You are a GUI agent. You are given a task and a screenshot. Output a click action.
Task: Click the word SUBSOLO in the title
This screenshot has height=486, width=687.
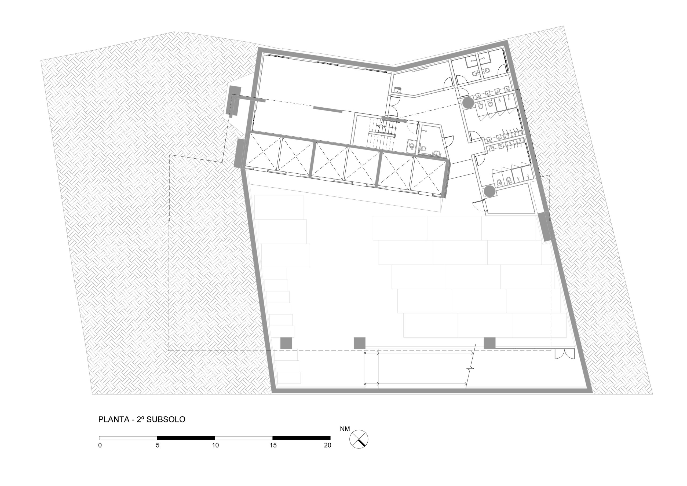pos(166,419)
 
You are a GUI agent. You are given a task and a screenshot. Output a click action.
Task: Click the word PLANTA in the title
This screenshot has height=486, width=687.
pos(114,419)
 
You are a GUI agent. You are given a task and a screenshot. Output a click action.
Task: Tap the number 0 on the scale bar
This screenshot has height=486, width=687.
pos(100,445)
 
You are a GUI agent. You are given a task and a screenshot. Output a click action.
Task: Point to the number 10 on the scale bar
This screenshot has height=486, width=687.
pos(215,445)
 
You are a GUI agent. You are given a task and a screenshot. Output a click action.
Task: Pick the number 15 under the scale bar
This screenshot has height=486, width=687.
pos(273,445)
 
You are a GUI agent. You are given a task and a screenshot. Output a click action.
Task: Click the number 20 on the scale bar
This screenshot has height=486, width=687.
pos(328,445)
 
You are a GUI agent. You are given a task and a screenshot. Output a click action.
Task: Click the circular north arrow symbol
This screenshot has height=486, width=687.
pos(359,439)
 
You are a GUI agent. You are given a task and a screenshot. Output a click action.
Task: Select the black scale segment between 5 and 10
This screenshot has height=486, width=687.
pos(186,438)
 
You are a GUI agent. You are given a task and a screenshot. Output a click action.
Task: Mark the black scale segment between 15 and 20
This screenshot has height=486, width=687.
pos(301,438)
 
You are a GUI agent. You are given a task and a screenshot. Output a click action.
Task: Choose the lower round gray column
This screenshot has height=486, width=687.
pos(489,191)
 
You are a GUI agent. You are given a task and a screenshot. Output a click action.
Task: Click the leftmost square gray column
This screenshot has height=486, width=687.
pos(286,343)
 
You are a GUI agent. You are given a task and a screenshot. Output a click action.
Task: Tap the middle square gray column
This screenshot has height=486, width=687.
pos(360,343)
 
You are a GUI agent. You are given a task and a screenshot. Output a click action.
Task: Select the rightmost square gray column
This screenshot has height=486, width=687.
pos(489,343)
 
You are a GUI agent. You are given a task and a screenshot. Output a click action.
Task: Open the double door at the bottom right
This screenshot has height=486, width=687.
pos(565,353)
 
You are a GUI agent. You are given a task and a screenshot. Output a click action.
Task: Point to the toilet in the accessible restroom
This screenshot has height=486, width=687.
pos(423,148)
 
